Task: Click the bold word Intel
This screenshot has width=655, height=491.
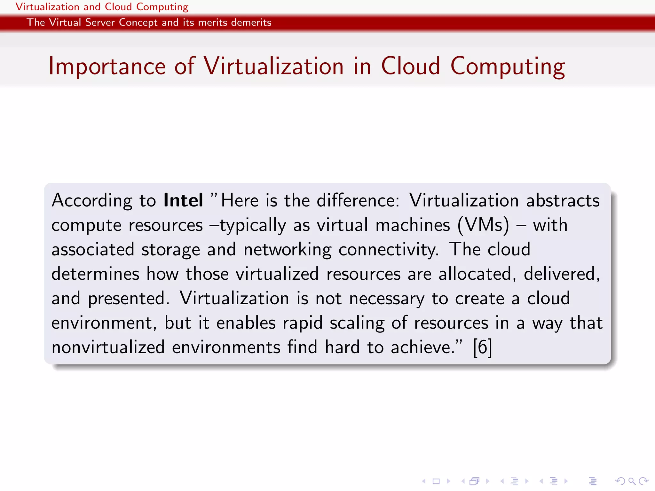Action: [183, 200]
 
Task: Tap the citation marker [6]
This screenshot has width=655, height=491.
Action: [482, 347]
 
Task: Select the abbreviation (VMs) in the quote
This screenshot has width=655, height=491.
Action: [483, 225]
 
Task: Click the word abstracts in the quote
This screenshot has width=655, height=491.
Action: [563, 200]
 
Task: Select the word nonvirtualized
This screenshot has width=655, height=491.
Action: [108, 347]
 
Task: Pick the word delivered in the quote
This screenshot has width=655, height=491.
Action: [561, 274]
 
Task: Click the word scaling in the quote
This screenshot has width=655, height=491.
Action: [357, 323]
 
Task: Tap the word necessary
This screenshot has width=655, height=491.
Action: [386, 299]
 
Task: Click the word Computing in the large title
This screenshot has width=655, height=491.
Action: [508, 66]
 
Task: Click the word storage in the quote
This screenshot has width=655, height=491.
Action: [170, 250]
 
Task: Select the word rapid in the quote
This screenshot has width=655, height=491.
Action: [303, 323]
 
